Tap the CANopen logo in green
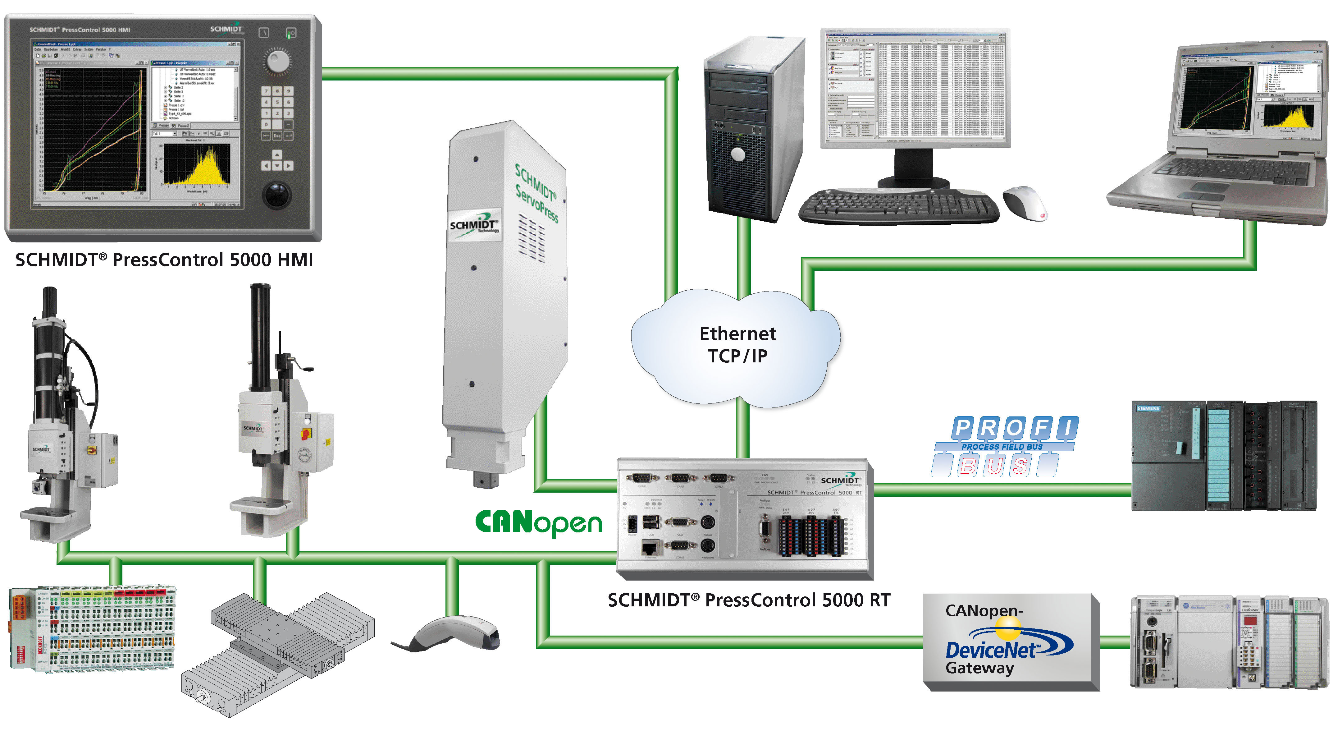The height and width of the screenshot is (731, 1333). pyautogui.click(x=538, y=523)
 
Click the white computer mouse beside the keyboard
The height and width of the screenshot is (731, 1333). pyautogui.click(x=1025, y=203)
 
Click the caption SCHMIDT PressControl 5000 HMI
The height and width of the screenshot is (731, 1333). pyautogui.click(x=164, y=260)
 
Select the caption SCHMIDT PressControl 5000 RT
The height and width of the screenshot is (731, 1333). pyautogui.click(x=749, y=600)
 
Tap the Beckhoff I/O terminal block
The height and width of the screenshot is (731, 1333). pyautogui.click(x=93, y=629)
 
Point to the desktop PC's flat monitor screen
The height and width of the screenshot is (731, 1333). pyautogui.click(x=915, y=88)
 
